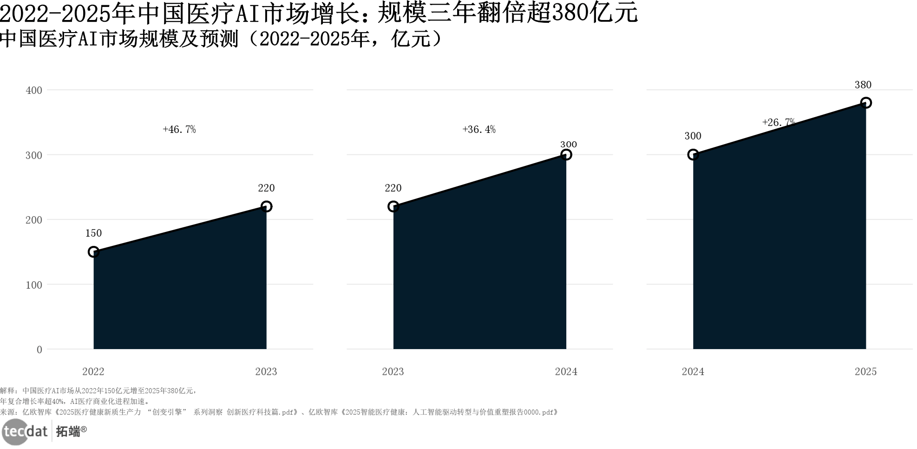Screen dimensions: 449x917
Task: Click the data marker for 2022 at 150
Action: [93, 252]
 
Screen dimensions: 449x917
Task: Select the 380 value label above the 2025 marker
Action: [863, 85]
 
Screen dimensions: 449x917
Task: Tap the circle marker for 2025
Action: [865, 103]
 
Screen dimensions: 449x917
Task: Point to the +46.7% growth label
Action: [179, 130]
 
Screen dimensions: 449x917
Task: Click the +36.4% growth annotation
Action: [478, 130]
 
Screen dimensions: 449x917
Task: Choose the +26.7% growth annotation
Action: [779, 123]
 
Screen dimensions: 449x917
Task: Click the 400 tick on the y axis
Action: [34, 90]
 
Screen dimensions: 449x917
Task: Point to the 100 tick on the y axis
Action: [34, 285]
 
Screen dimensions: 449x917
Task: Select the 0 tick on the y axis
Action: [39, 350]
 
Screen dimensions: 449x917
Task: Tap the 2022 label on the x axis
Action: [93, 371]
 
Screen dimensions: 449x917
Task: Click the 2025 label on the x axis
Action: [865, 371]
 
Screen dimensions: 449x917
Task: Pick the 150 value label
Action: [93, 233]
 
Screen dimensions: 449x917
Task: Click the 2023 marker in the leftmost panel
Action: [266, 206]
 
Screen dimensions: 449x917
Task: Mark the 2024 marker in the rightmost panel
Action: [693, 155]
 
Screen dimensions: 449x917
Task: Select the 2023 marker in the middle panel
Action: [393, 206]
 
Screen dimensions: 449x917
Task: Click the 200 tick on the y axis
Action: [34, 220]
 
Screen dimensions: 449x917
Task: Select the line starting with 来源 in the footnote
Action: [279, 412]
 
